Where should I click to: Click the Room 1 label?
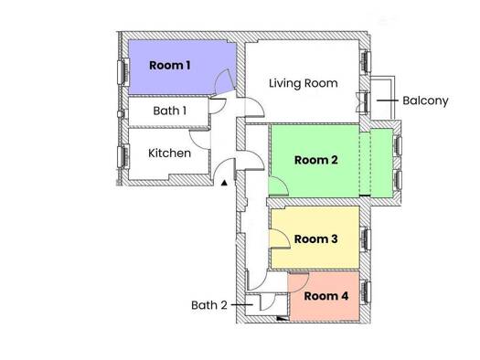coord(170,65)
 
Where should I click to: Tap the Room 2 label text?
coord(316,160)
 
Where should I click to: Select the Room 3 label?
coord(316,238)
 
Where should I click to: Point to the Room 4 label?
coord(325,296)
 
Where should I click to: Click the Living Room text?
coord(303,83)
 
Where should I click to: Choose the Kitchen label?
coord(169,153)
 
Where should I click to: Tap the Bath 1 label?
coord(169,111)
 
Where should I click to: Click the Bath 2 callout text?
coord(208,304)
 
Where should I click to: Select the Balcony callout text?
coord(425,101)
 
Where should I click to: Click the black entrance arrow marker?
coord(223,183)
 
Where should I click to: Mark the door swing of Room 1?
coord(222,86)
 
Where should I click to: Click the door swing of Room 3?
coord(281,239)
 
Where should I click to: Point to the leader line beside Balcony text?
coord(388,101)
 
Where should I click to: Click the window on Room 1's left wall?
coord(122,70)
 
